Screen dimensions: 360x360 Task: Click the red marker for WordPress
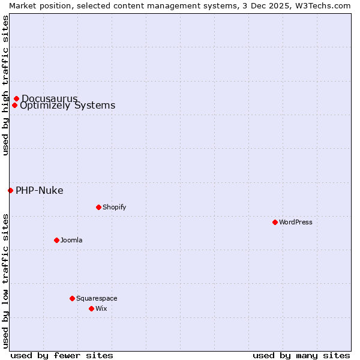275,222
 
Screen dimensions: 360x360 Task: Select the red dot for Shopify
98,207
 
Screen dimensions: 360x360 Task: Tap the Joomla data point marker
56,240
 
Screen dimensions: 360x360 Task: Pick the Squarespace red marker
72,298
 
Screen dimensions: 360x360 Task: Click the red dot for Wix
91,308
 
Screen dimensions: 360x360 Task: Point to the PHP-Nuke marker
10,190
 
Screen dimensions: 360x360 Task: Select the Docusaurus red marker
16,98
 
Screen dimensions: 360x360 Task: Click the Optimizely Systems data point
14,106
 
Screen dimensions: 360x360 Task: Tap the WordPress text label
296,222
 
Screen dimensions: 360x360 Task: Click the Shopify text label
114,207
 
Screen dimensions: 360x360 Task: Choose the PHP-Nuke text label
39,191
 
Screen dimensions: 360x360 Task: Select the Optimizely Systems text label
67,106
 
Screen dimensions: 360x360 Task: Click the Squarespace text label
97,298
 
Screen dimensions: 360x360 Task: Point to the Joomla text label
71,240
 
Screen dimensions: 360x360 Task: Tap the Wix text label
101,308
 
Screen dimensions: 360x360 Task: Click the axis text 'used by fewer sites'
62,355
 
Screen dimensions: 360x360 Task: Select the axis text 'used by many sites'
301,355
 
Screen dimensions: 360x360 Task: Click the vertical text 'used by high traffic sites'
5,85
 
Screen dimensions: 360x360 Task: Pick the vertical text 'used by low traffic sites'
5,280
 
